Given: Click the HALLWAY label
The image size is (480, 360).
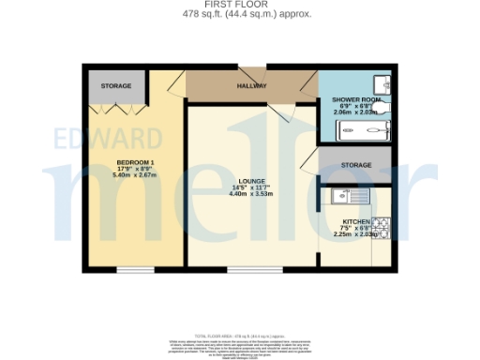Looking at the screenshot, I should [x=250, y=86].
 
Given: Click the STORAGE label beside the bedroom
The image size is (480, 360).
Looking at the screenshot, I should [x=116, y=86].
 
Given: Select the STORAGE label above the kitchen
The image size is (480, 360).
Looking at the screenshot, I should [x=355, y=165].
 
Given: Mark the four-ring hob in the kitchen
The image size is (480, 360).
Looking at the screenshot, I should [x=382, y=228].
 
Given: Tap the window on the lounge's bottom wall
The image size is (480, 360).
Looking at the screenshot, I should [x=253, y=270].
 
